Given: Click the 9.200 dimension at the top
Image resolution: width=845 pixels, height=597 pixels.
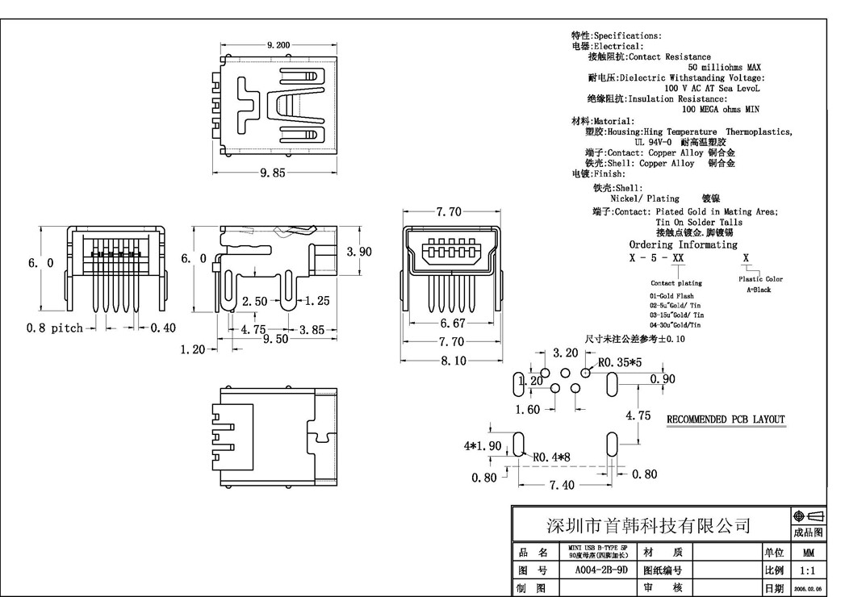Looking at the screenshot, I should [278, 45].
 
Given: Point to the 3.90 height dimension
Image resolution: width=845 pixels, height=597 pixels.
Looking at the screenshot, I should [359, 252].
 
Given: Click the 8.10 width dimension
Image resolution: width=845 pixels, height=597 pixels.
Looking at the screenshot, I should [453, 361].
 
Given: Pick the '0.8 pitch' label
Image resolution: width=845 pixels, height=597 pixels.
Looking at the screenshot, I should [56, 328].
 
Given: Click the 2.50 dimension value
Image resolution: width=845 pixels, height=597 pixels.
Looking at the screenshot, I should [255, 301].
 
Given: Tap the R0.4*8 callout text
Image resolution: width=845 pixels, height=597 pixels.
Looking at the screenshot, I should [554, 457].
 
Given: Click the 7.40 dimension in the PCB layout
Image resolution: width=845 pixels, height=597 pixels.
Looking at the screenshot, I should [563, 485].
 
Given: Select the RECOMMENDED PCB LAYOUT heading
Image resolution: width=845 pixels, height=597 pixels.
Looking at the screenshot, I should [725, 420].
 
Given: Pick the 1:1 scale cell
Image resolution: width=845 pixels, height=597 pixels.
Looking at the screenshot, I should [808, 570].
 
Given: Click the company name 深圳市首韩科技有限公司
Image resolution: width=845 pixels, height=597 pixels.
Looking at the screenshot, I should [650, 525].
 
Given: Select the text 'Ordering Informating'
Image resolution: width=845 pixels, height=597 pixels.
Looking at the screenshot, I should [683, 244].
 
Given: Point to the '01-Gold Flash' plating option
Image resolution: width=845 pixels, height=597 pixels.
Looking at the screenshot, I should [671, 296].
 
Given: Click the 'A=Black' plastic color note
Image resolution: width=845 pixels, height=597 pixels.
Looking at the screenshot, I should [759, 290].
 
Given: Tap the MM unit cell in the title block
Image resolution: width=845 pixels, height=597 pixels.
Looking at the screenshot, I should [808, 553].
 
